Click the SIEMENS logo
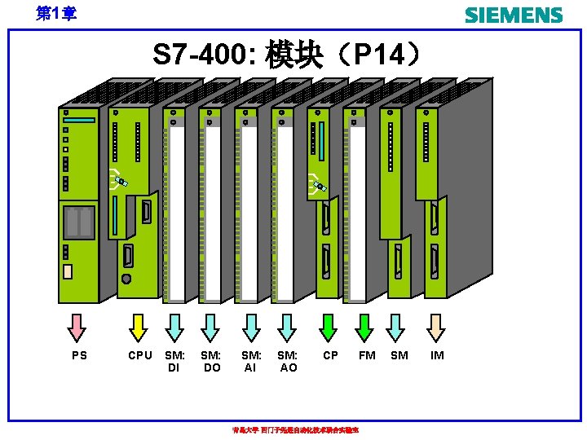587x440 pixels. (514, 15)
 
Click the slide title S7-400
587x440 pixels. (289, 56)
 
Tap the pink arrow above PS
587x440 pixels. (77, 327)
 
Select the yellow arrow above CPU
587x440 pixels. (139, 327)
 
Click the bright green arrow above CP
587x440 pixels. (329, 327)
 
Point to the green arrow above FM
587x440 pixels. (366, 327)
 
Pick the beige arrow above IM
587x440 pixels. (437, 327)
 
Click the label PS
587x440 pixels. (79, 355)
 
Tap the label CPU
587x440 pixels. (140, 355)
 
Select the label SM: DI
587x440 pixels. (174, 361)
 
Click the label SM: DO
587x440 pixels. (211, 361)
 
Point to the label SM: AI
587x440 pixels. (251, 361)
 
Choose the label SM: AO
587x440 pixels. (288, 361)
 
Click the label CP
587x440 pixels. (331, 355)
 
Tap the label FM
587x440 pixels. (367, 355)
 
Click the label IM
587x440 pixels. (437, 355)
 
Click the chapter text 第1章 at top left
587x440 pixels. (57, 14)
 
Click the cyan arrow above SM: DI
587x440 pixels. (174, 327)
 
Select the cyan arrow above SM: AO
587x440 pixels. (286, 327)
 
